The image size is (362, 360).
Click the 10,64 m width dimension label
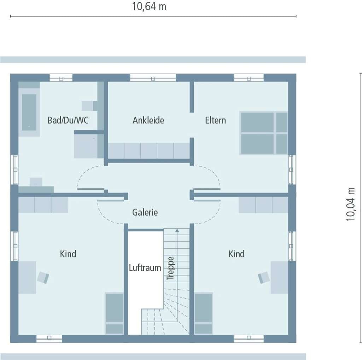[149, 6]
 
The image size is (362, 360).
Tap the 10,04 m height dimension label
[350, 204]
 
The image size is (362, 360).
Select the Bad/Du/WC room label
[68, 120]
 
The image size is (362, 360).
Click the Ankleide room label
[148, 120]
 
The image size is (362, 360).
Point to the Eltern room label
[215, 120]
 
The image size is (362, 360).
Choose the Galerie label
[145, 212]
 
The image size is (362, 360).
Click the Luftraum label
[145, 268]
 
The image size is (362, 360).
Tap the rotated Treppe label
[170, 268]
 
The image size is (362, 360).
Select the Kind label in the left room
[68, 254]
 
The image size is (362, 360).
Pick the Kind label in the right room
[237, 254]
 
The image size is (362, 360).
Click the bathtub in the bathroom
[29, 112]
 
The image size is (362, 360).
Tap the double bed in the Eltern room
[264, 133]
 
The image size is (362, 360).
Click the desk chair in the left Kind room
[43, 277]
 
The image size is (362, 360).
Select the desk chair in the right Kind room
[264, 277]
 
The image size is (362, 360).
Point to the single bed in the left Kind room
[114, 313]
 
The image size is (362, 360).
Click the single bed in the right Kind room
[203, 313]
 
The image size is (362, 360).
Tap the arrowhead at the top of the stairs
[177, 230]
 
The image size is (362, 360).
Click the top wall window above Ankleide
[153, 77]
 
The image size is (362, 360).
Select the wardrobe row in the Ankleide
[149, 151]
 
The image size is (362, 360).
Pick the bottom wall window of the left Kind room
[49, 338]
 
